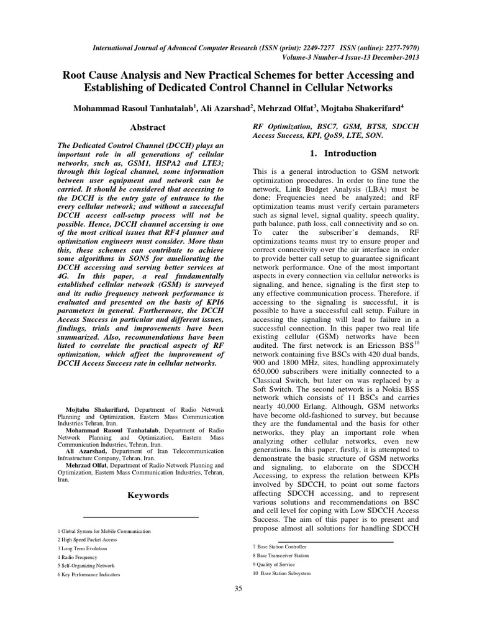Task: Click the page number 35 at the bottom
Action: pyautogui.click(x=238, y=589)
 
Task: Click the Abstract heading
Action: pyautogui.click(x=147, y=127)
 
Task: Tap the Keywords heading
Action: pyautogui.click(x=147, y=495)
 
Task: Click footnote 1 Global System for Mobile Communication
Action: pyautogui.click(x=104, y=532)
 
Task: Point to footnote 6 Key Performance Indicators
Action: pyautogui.click(x=89, y=575)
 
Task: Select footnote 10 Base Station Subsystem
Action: pyautogui.click(x=282, y=573)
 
